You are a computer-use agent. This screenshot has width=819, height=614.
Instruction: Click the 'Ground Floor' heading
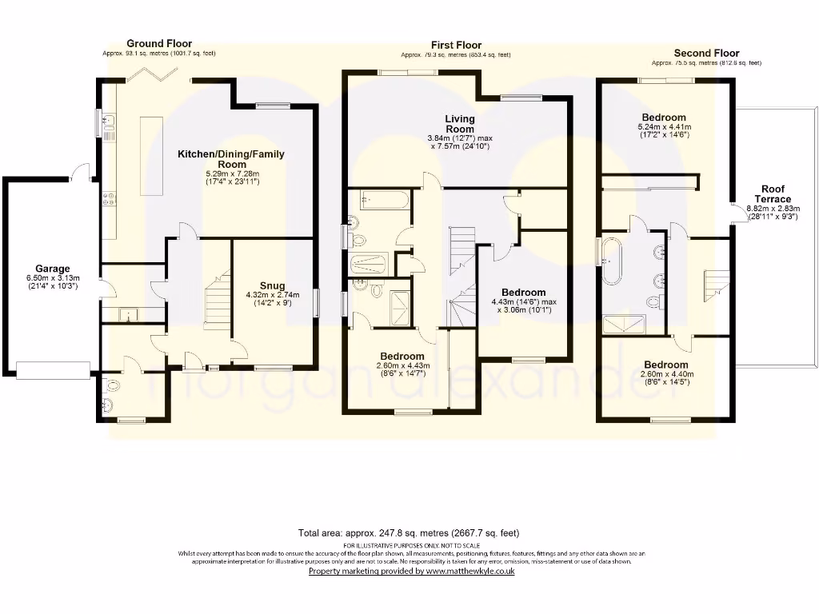[158, 43]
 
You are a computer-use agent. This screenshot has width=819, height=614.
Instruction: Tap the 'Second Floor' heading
[706, 53]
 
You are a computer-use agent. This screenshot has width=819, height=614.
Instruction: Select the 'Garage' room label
[52, 269]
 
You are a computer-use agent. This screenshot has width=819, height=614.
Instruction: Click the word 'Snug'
[272, 285]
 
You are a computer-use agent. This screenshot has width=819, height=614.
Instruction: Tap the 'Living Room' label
[459, 124]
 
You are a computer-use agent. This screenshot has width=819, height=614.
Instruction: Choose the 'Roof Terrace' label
[773, 194]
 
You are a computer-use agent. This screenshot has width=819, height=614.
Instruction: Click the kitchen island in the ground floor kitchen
[150, 155]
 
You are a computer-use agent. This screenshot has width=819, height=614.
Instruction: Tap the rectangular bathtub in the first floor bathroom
[385, 200]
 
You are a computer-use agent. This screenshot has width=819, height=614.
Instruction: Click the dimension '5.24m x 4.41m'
[664, 127]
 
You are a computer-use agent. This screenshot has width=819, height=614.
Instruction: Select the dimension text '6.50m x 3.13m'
[52, 278]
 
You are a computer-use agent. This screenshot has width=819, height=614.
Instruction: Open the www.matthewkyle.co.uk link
[470, 571]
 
